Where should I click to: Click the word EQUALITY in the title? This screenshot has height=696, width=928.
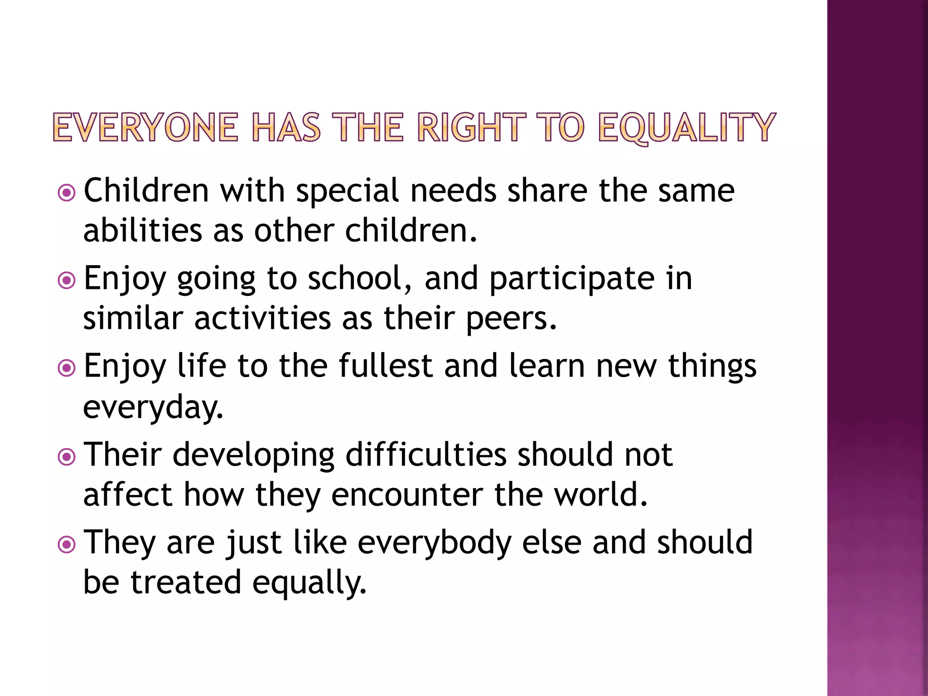686,128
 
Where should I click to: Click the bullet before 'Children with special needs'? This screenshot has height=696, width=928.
67,193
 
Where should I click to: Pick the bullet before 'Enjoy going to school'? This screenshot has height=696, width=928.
67,280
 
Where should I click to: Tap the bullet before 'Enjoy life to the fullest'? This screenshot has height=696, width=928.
67,368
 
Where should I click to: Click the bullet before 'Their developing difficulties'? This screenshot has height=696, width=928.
67,457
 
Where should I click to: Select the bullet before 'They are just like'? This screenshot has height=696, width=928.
67,544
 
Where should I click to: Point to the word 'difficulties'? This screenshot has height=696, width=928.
426,454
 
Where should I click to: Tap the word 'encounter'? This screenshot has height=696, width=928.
407,495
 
